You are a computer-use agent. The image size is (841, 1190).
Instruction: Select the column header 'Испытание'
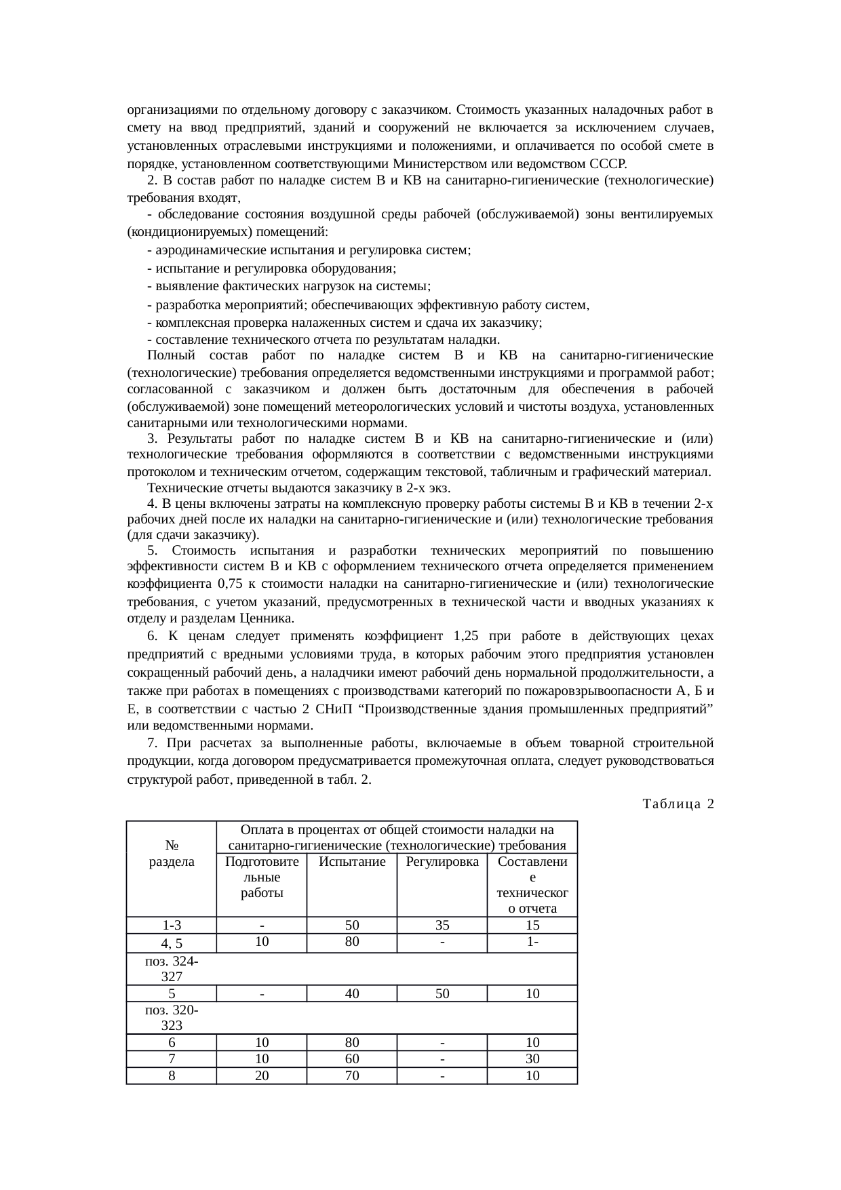(x=351, y=862)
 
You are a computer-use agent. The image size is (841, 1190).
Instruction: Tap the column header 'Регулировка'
(x=442, y=862)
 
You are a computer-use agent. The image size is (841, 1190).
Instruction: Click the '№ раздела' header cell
(x=171, y=854)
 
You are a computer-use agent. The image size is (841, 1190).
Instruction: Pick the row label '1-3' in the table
(x=171, y=925)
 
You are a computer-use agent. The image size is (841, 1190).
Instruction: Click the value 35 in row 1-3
(x=442, y=925)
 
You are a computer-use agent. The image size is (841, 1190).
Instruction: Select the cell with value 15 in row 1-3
(x=532, y=925)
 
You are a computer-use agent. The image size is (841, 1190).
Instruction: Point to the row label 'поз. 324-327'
(x=171, y=968)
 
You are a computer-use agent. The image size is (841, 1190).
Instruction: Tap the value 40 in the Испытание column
(x=351, y=993)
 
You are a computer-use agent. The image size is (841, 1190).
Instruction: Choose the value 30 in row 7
(x=532, y=1058)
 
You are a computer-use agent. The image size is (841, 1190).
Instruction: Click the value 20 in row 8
(x=261, y=1075)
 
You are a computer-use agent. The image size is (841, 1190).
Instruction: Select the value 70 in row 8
(x=351, y=1075)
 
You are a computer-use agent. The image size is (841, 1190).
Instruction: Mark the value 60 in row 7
(x=351, y=1058)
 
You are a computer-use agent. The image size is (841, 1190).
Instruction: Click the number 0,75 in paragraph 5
(x=233, y=584)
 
